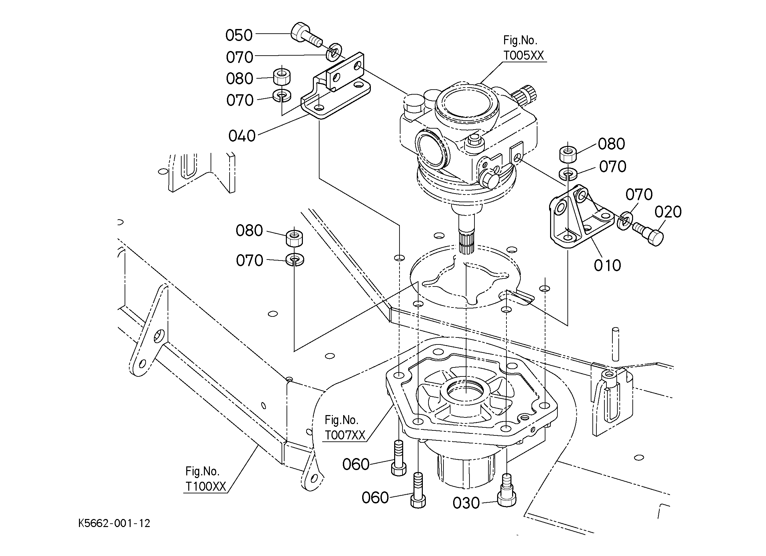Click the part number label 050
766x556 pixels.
click(239, 35)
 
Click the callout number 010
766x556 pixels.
click(608, 266)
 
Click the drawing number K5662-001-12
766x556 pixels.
click(114, 523)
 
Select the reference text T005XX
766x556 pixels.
click(524, 55)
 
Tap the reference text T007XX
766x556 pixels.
click(345, 435)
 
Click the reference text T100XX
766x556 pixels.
click(206, 486)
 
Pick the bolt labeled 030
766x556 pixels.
click(507, 490)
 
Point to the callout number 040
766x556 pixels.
click(242, 136)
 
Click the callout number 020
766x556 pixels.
click(668, 212)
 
